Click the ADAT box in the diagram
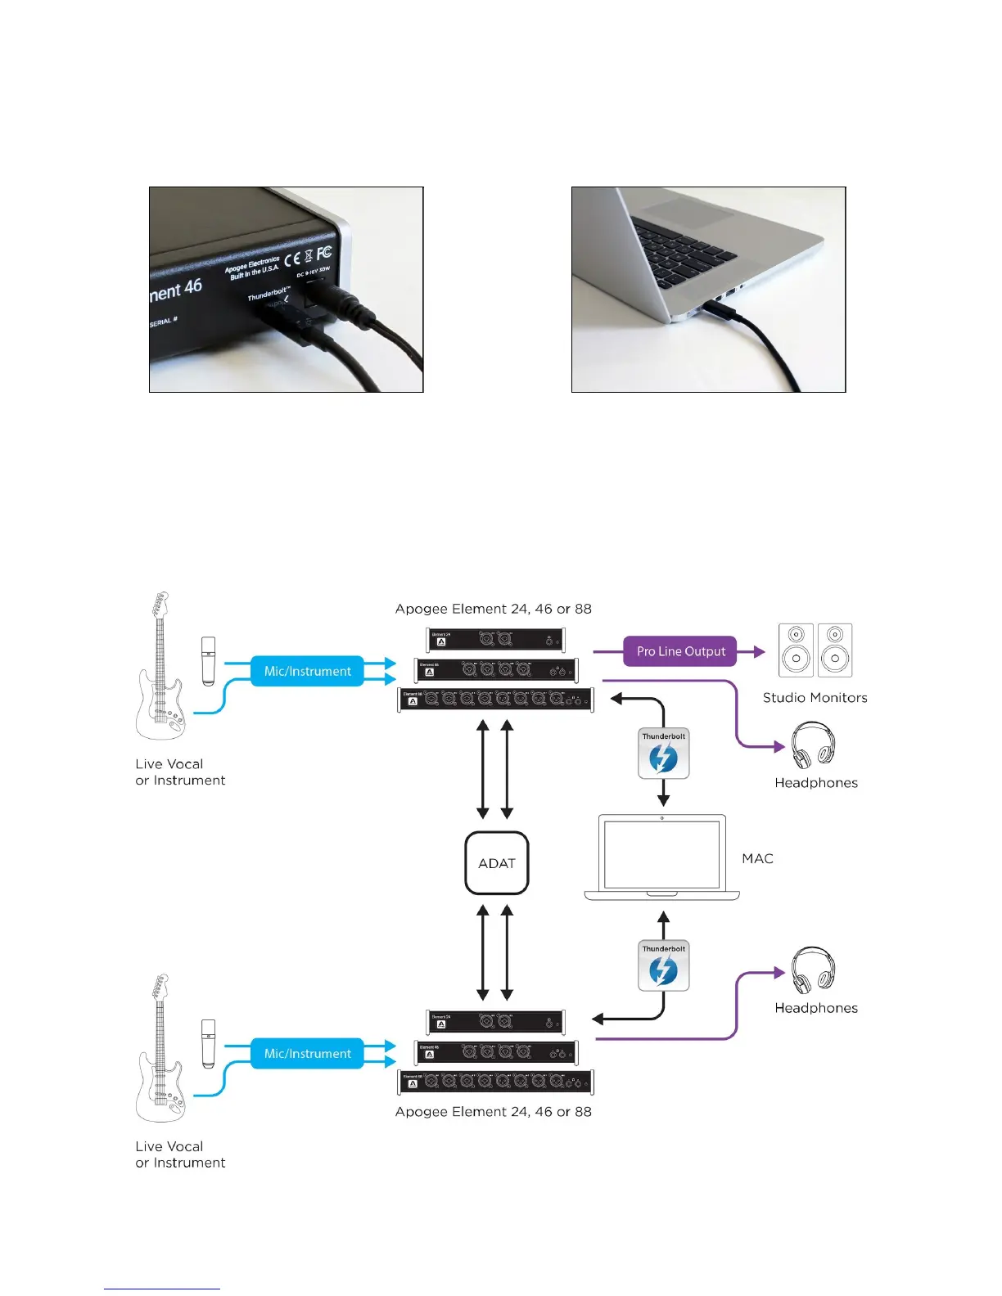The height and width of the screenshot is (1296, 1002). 496,863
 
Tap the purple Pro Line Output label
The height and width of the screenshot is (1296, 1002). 680,651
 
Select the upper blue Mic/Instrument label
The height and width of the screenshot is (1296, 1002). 307,671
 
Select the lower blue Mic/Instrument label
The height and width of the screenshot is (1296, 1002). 307,1054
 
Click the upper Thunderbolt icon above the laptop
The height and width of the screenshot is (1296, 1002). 663,754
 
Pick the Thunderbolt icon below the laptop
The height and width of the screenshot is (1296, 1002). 663,966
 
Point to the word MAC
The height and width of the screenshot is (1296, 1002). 757,858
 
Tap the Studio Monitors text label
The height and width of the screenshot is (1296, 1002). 815,698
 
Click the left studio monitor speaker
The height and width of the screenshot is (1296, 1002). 796,650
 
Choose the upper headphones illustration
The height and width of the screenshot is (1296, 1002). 813,745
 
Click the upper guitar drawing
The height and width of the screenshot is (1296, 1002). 160,667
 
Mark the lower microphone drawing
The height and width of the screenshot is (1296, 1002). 209,1043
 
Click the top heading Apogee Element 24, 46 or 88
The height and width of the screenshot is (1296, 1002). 493,609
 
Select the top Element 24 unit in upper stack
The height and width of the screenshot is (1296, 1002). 495,640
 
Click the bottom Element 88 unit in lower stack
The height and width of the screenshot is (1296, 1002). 495,1082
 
